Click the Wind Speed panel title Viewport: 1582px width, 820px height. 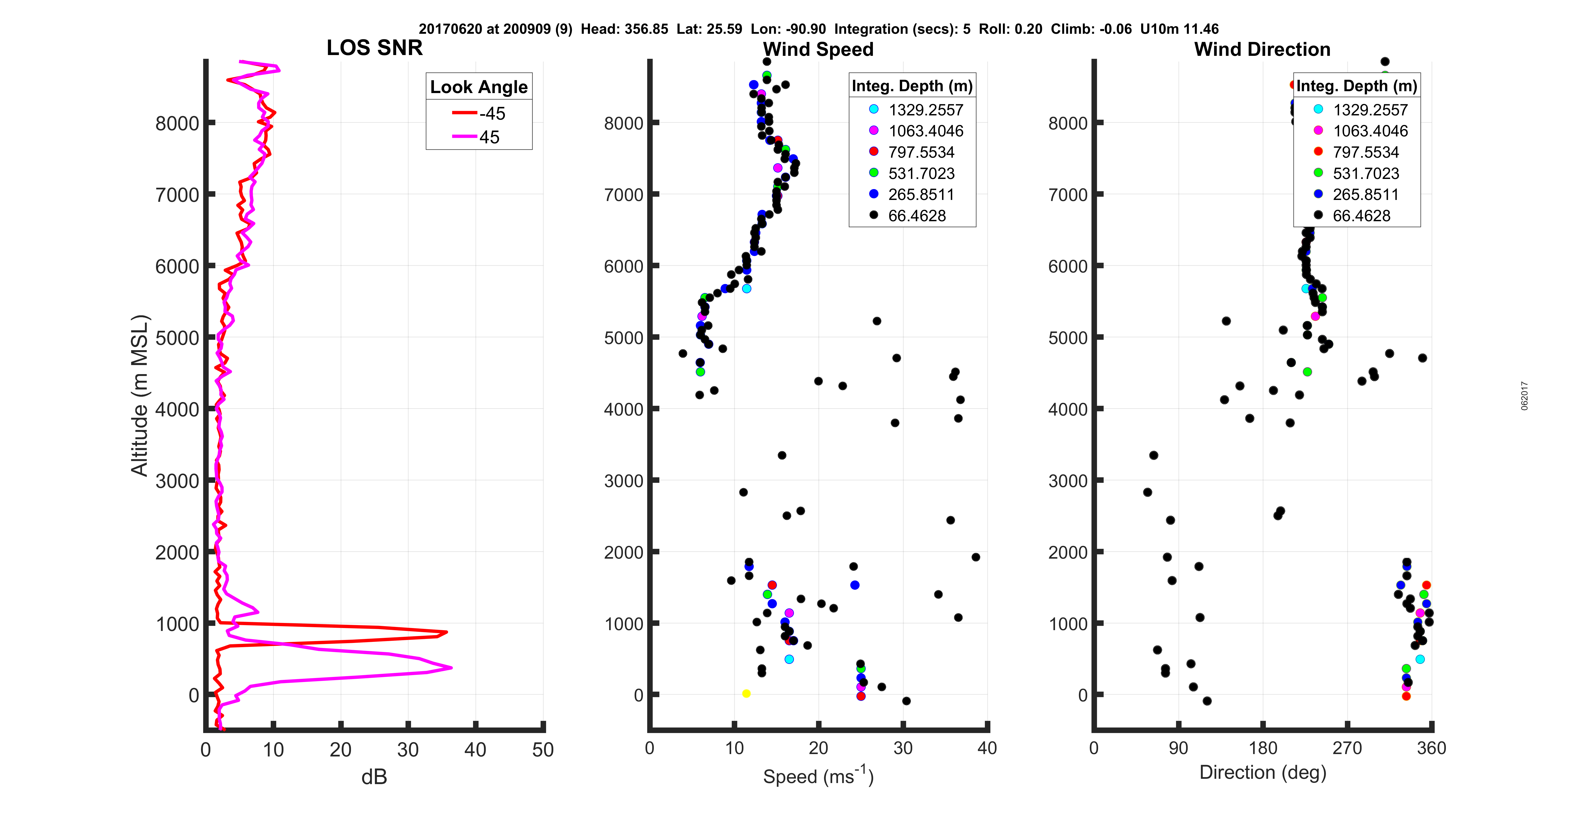click(818, 49)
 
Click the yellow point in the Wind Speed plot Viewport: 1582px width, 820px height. click(746, 693)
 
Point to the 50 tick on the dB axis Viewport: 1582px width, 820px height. click(543, 749)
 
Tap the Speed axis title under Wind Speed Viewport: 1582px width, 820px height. click(818, 776)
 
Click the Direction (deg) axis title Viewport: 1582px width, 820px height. click(1263, 772)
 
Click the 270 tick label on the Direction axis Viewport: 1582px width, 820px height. click(1347, 748)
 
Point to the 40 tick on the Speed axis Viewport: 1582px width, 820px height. click(987, 748)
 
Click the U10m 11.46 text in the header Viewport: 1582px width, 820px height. click(1179, 29)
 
